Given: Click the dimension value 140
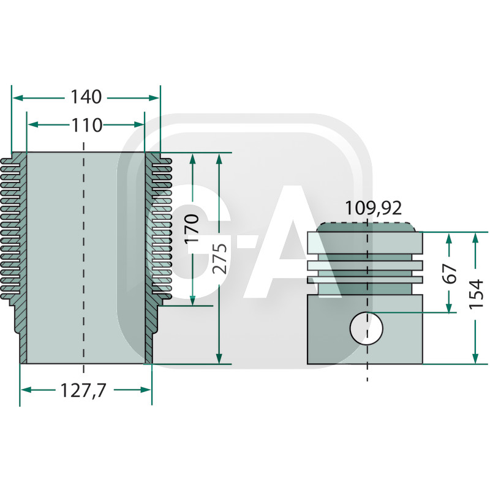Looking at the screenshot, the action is point(86,97).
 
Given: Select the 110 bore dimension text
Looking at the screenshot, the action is point(87,126).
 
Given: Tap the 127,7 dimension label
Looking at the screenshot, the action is point(83,391).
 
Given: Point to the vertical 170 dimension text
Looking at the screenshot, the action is point(192,228).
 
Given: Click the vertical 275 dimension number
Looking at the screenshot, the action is point(220,258).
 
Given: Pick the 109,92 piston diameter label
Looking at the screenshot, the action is point(374,208).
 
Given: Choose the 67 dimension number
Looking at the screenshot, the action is point(450,273).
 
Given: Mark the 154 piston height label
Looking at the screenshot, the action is point(477,295).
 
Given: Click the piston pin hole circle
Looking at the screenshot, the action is point(366,328).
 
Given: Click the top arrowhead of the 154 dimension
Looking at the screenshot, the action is point(475,238).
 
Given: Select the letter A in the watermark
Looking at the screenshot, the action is point(292,241).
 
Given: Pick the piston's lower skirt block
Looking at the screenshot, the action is point(365,330).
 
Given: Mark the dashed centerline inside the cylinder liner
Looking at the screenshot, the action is point(83,258).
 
